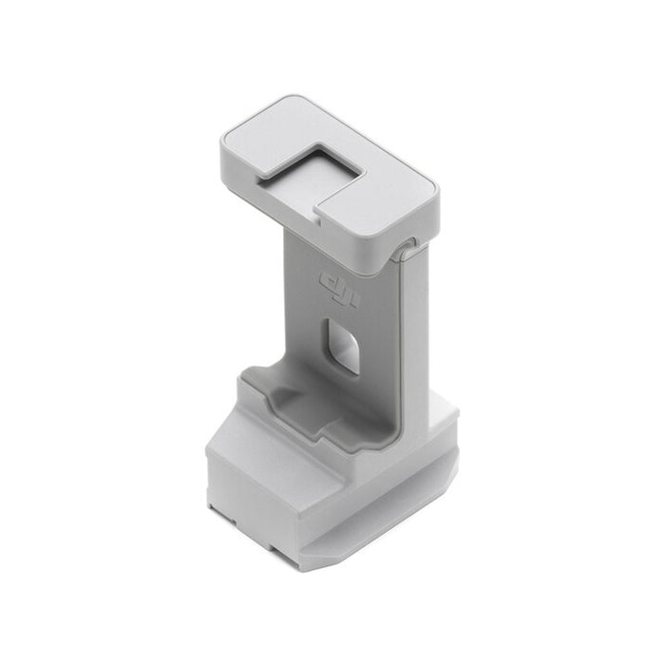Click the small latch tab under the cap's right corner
[x=407, y=251]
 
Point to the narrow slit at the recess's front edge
[x=319, y=221]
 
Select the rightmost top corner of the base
[x=455, y=416]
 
